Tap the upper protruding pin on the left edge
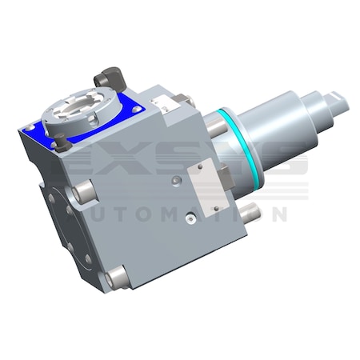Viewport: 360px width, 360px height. click(x=81, y=192)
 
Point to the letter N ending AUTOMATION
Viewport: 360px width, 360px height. click(x=275, y=214)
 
